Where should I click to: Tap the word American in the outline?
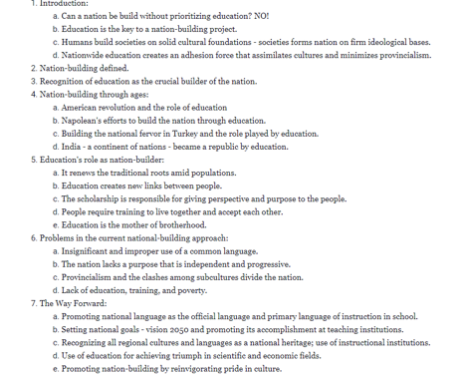coord(82,106)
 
